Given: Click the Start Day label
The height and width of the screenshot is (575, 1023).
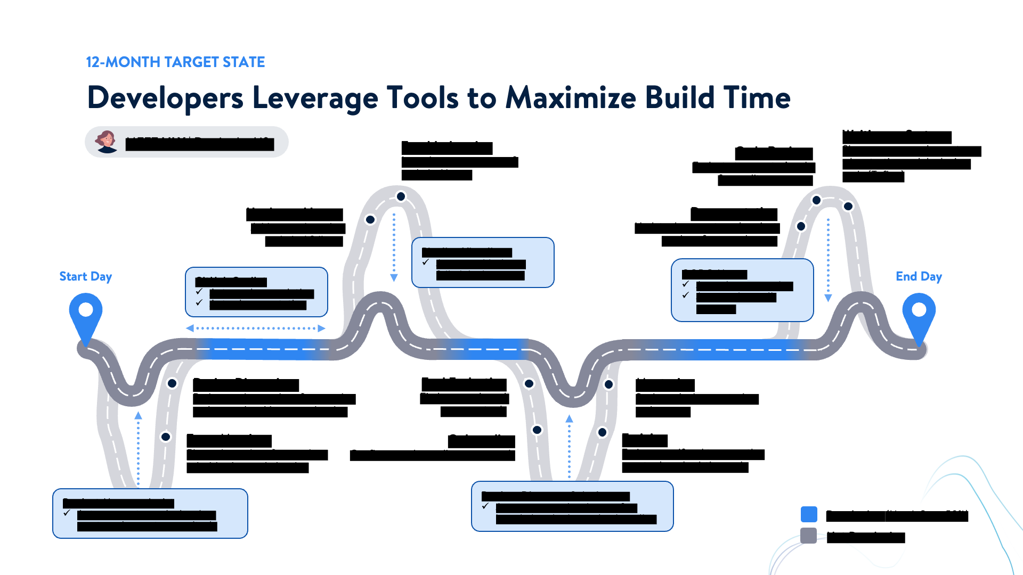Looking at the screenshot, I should (85, 277).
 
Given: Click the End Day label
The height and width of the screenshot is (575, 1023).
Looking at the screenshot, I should (919, 277).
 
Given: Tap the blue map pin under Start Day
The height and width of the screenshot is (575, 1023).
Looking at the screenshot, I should (86, 314).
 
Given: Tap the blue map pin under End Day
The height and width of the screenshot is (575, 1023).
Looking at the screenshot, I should (919, 314).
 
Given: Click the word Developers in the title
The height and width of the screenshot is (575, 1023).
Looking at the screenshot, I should (165, 98).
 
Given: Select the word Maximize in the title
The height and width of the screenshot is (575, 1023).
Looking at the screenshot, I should (571, 98).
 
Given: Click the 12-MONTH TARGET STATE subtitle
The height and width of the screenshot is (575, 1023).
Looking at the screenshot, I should (175, 62).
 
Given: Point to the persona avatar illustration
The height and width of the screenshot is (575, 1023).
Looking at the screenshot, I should (107, 142).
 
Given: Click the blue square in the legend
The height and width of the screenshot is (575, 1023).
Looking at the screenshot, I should (809, 514).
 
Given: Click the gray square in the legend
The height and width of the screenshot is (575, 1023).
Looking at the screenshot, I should (809, 536).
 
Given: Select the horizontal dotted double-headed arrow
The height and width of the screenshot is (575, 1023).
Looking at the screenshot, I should (256, 328).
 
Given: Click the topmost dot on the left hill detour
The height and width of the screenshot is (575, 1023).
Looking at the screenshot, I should (401, 196).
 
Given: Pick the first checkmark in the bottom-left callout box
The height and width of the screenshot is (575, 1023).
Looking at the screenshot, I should (67, 513).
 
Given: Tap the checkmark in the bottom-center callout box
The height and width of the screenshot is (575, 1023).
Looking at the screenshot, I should (485, 506).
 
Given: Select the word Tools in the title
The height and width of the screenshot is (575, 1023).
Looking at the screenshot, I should (423, 98).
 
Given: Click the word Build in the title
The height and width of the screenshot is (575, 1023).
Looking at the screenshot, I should (679, 98).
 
